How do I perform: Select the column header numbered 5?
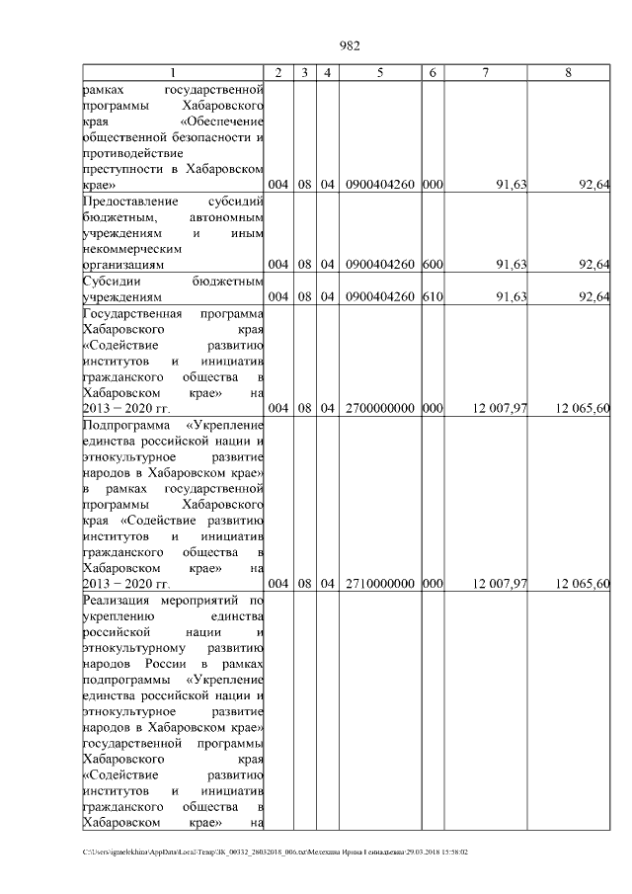tap(380, 72)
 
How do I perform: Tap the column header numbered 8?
tap(568, 72)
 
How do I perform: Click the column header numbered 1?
tap(174, 72)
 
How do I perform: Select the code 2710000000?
tap(380, 584)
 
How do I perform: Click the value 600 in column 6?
tap(432, 265)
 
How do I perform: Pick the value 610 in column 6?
tap(432, 297)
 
